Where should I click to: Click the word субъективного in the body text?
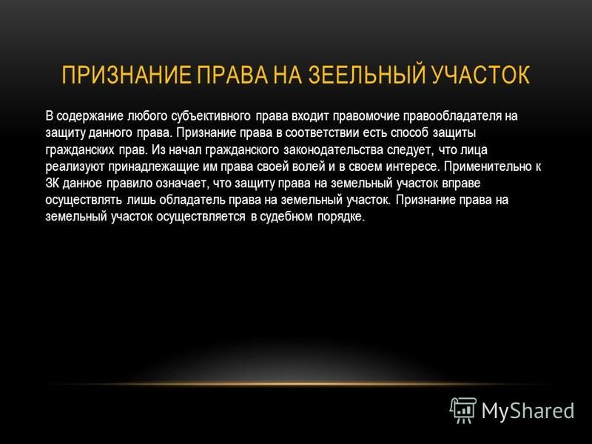(x=211, y=116)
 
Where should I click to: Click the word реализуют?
(x=75, y=166)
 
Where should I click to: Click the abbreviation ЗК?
(x=52, y=183)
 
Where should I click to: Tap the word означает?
(x=181, y=183)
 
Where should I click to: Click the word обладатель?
(x=192, y=200)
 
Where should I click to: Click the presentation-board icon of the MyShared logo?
(x=463, y=410)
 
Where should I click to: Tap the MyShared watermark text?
(x=528, y=411)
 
